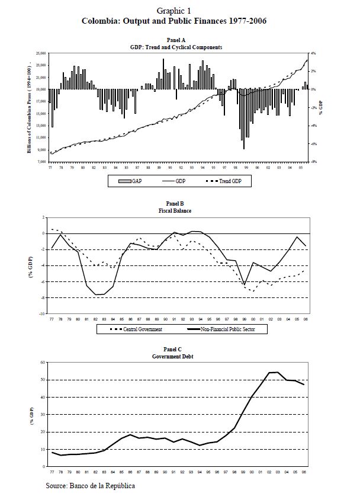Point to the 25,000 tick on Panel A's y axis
[x=41, y=53]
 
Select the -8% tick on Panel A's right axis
[x=315, y=162]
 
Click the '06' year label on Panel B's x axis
[x=305, y=319]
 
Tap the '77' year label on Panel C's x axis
[x=52, y=472]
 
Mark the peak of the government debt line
[x=277, y=372]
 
